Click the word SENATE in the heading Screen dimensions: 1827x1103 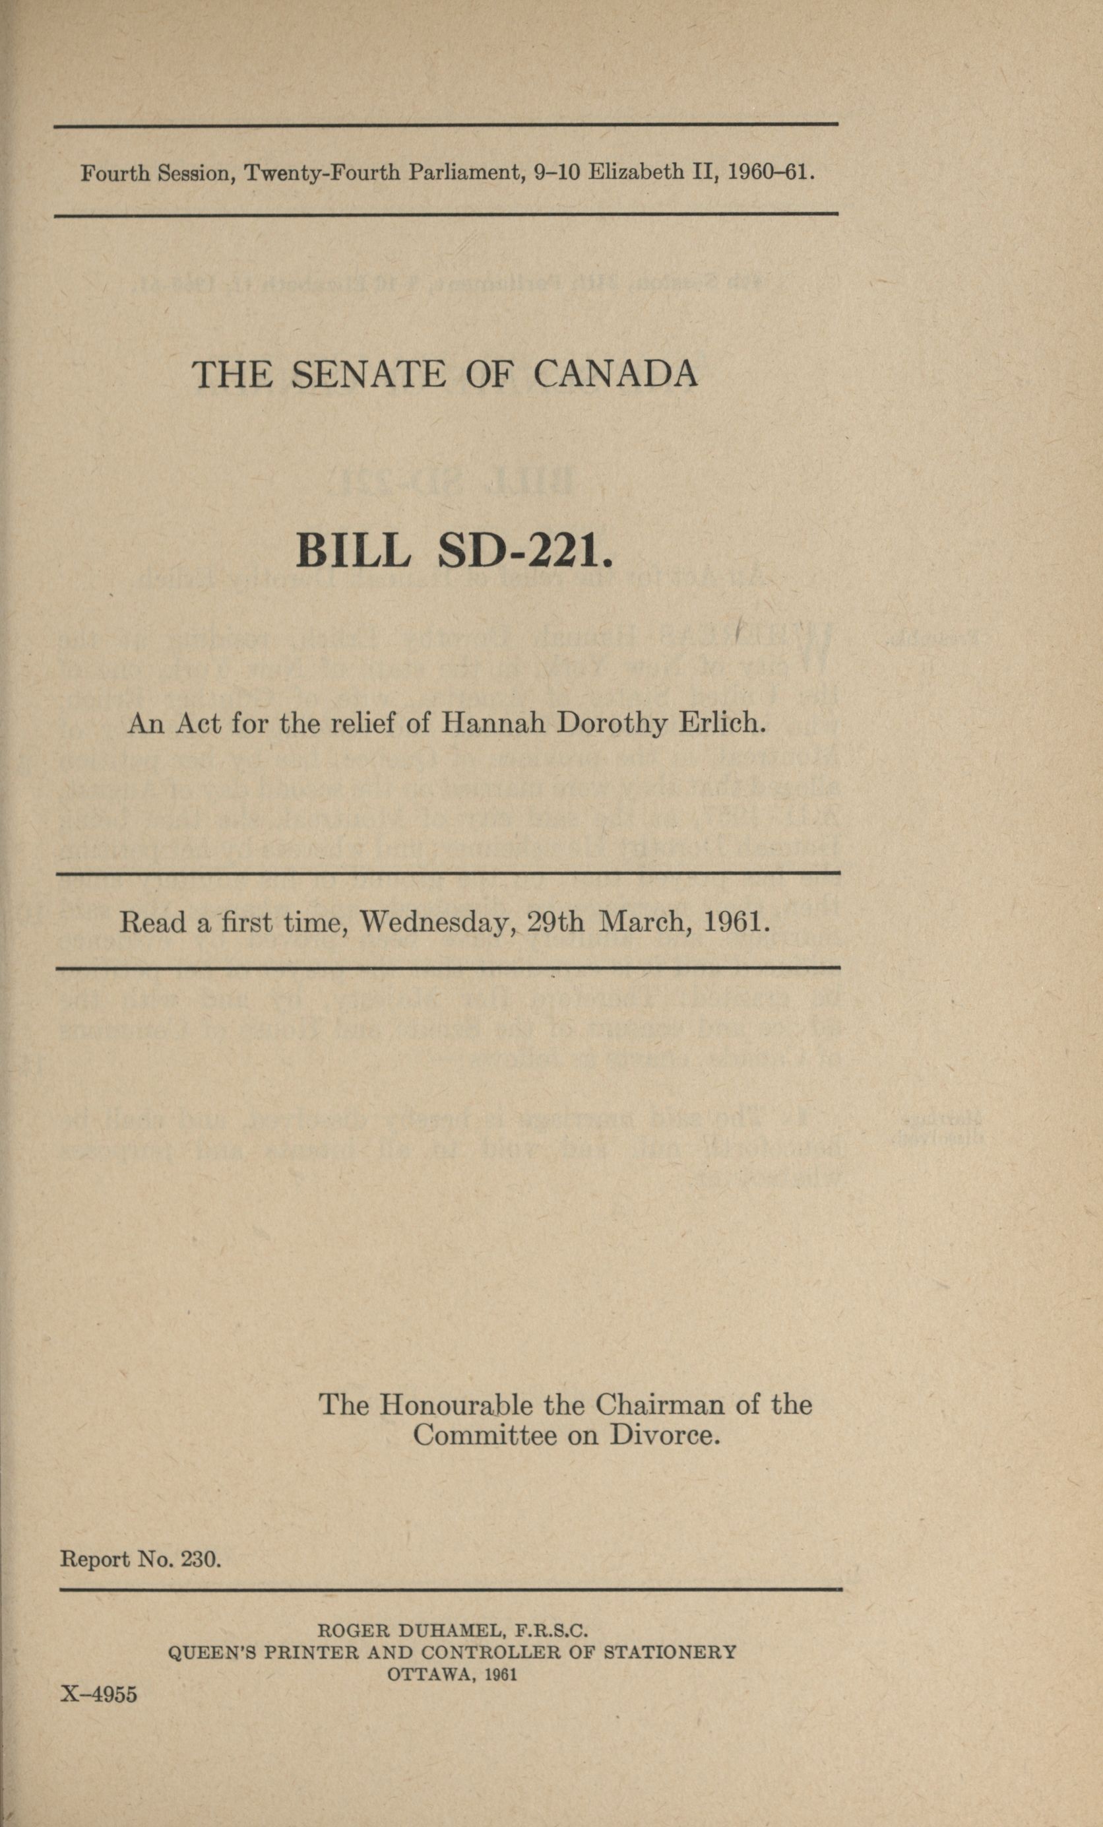coord(368,374)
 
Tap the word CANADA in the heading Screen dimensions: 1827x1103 coord(615,374)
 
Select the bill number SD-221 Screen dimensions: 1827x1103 coord(526,551)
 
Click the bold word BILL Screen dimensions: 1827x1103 coord(353,551)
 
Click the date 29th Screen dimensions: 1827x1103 coord(555,921)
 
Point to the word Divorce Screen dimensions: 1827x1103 coord(665,1436)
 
